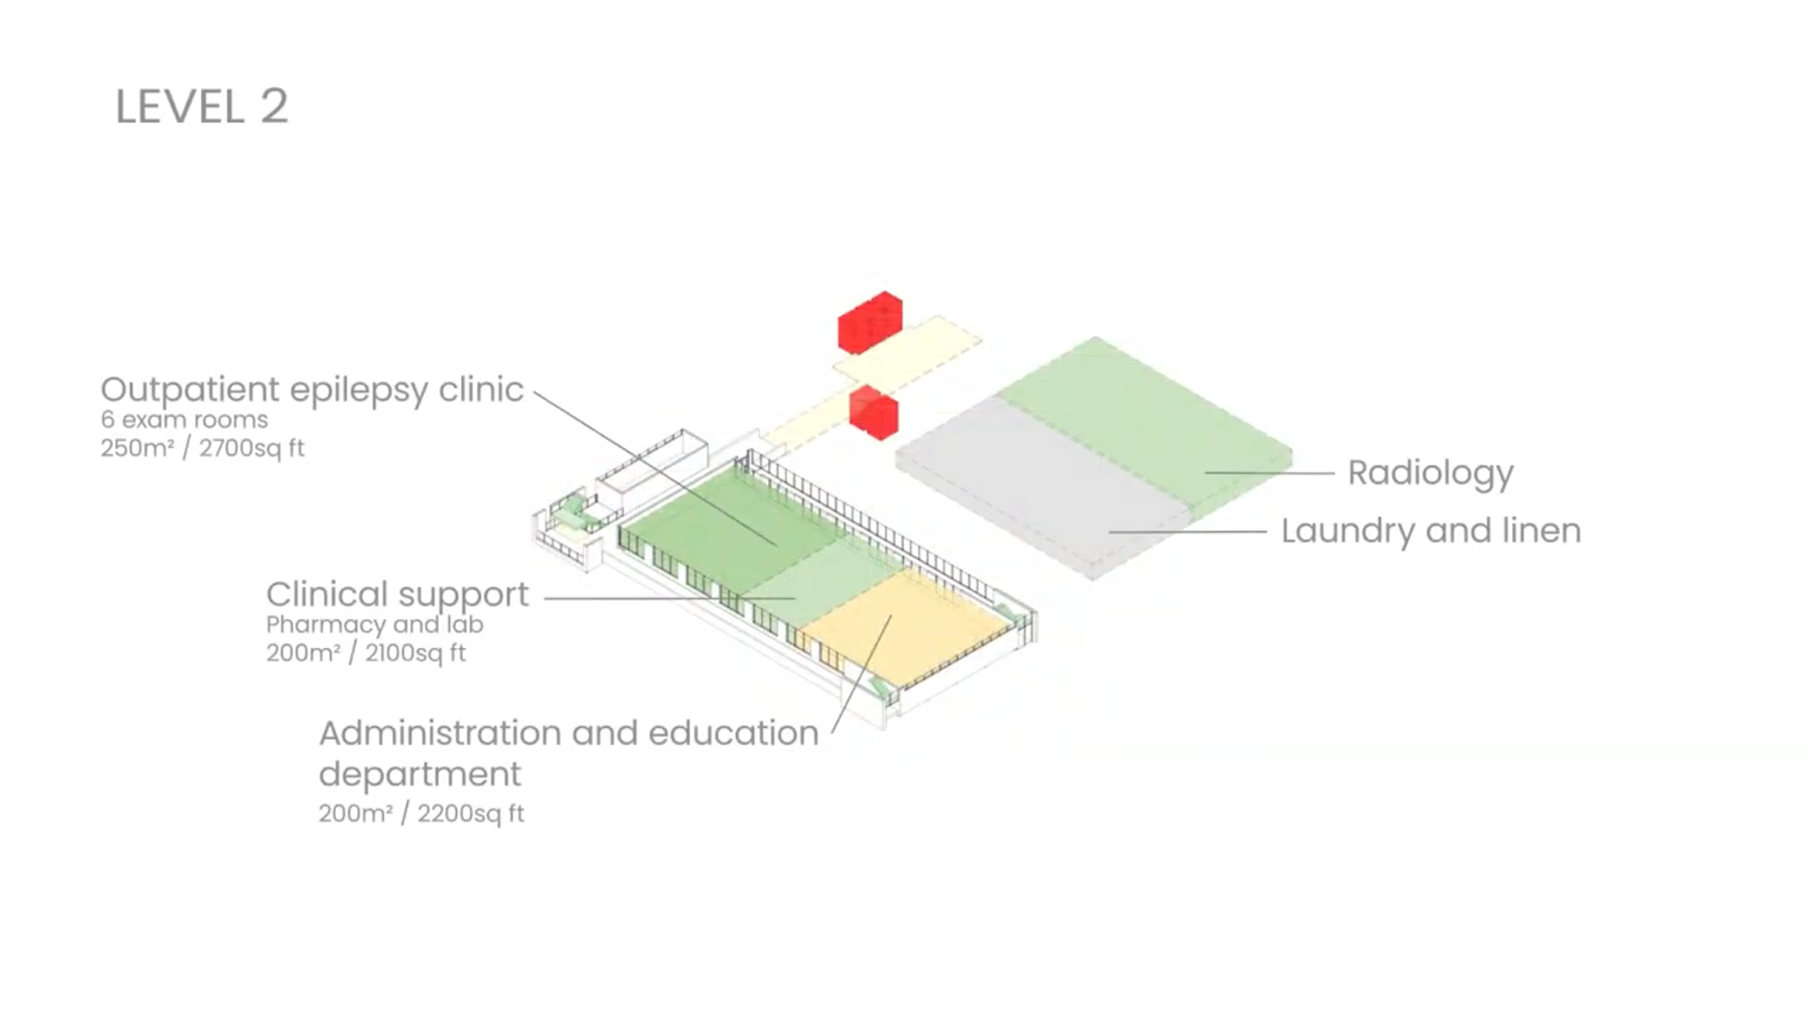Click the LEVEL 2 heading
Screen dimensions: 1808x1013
(201, 106)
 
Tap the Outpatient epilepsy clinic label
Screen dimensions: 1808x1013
(311, 390)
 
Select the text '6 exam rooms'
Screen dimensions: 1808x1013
(184, 420)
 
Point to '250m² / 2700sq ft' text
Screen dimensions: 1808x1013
(202, 448)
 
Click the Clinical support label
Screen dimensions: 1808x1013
(397, 595)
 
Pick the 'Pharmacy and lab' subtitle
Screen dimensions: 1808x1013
(374, 625)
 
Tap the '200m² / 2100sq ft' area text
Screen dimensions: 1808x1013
(366, 653)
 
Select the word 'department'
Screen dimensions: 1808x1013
(420, 774)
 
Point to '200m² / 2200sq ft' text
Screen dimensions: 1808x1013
(421, 813)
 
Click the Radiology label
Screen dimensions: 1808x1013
(1430, 473)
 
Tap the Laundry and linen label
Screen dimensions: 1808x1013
(1431, 531)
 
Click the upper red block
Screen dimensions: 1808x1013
(870, 322)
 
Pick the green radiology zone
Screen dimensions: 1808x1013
(1145, 419)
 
